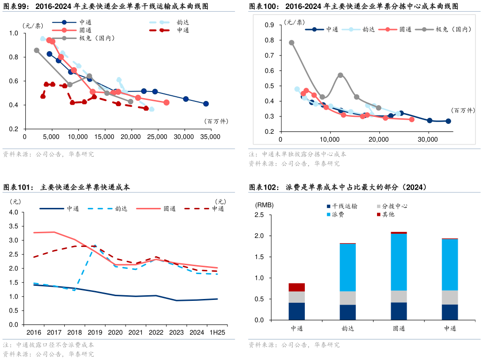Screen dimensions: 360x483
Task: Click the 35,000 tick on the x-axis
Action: click(210, 137)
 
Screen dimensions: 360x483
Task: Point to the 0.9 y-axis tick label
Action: click(269, 25)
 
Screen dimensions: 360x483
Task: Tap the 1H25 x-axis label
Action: click(216, 332)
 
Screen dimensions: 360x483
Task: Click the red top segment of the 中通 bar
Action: click(296, 287)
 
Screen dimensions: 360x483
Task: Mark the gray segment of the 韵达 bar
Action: click(347, 298)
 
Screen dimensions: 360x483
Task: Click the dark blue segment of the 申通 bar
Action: click(450, 312)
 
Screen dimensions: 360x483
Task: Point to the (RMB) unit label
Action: click(264, 205)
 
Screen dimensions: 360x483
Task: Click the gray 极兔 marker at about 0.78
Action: click(292, 43)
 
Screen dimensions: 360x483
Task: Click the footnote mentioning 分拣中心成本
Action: click(297, 154)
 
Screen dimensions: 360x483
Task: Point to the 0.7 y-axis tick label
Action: click(269, 55)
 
